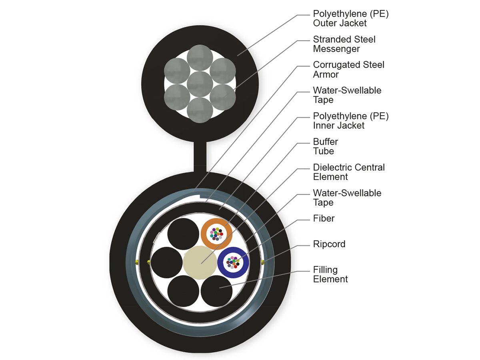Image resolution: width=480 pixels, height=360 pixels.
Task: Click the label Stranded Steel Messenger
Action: [344, 44]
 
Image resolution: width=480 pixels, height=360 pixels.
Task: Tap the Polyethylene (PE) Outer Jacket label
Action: [351, 18]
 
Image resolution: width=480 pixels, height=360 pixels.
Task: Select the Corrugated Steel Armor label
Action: [348, 70]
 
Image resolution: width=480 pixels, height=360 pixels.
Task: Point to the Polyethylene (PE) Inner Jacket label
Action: [351, 121]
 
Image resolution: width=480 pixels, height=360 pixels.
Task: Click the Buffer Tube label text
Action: [326, 146]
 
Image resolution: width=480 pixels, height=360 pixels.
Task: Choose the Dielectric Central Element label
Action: [349, 172]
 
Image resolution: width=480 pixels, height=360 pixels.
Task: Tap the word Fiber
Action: [324, 219]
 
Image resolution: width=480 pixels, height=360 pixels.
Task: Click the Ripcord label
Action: [329, 244]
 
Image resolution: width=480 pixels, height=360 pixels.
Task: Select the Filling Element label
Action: [330, 274]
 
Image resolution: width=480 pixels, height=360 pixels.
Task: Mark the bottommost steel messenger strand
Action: [200, 110]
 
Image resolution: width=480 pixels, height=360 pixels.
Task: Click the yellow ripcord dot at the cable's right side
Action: [263, 262]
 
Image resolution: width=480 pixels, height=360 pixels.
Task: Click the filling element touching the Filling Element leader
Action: [216, 290]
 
